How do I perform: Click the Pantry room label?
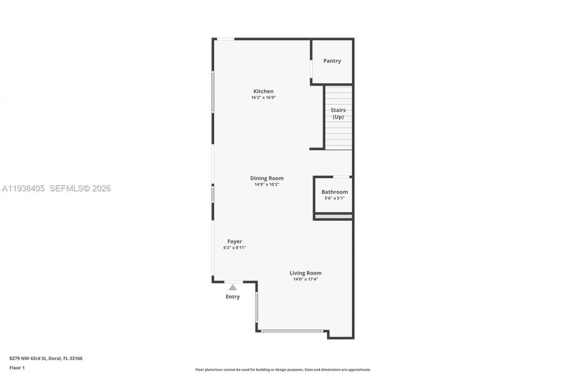pyautogui.click(x=332, y=61)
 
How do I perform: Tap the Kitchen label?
pyautogui.click(x=263, y=91)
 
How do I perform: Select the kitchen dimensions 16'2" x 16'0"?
pyautogui.click(x=263, y=98)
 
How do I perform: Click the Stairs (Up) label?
pyautogui.click(x=338, y=114)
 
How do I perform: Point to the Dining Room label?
pyautogui.click(x=267, y=179)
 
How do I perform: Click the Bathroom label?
pyautogui.click(x=334, y=192)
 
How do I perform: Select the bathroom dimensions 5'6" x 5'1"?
pyautogui.click(x=334, y=198)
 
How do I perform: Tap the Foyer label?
pyautogui.click(x=234, y=242)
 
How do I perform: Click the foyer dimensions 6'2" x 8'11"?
pyautogui.click(x=234, y=248)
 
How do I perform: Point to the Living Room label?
pyautogui.click(x=306, y=273)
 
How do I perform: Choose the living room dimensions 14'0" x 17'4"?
pyautogui.click(x=306, y=279)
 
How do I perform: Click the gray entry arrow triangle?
pyautogui.click(x=233, y=288)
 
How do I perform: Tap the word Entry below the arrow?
pyautogui.click(x=233, y=297)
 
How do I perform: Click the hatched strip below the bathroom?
pyautogui.click(x=333, y=217)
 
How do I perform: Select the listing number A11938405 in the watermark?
pyautogui.click(x=23, y=189)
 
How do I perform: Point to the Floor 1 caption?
pyautogui.click(x=17, y=368)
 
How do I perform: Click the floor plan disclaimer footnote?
pyautogui.click(x=283, y=369)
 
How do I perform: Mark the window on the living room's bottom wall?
pyautogui.click(x=292, y=331)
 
